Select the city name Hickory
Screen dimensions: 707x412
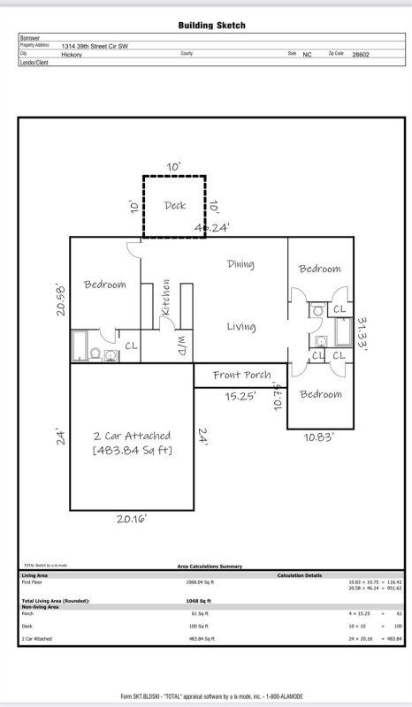(72, 54)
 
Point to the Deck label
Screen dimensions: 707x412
(175, 206)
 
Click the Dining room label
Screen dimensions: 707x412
(240, 264)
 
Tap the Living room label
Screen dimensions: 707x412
(240, 327)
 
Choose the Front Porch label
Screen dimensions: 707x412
(241, 375)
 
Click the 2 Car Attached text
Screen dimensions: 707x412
(132, 436)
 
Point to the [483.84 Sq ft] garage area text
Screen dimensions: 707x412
(132, 451)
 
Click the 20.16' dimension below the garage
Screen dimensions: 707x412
(132, 520)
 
